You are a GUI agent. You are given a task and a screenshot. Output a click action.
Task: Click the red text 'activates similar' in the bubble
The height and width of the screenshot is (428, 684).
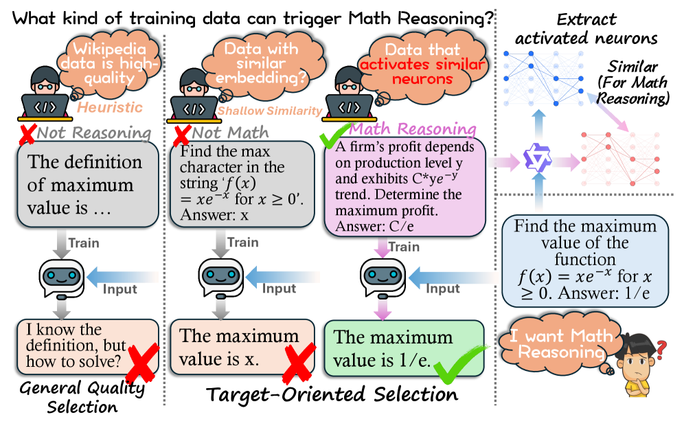(423, 65)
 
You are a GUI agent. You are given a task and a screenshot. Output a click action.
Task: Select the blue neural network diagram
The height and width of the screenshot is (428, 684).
(542, 74)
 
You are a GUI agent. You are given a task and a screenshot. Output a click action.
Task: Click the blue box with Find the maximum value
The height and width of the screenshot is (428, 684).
(584, 260)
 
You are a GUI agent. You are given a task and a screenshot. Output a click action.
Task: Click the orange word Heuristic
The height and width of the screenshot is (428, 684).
(109, 108)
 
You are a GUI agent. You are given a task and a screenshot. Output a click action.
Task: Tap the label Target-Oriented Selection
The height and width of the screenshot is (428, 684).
(332, 395)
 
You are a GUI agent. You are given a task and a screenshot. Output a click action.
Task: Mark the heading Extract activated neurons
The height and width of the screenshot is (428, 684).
(581, 30)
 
